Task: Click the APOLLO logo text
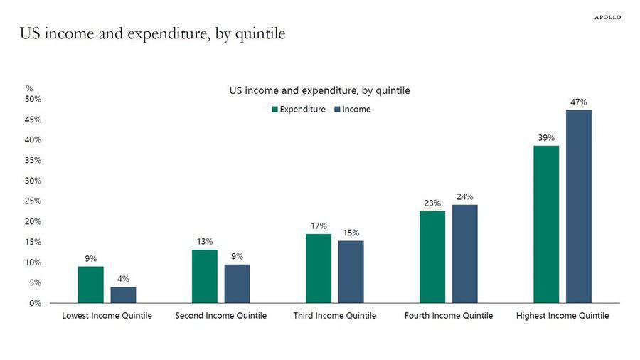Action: point(608,17)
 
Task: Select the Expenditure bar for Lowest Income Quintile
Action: point(90,285)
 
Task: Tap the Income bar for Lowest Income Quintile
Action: point(123,295)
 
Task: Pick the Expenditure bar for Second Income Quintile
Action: point(205,276)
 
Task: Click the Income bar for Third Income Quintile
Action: point(351,272)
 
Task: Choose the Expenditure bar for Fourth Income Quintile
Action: point(432,257)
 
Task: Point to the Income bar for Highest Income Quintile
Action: point(579,206)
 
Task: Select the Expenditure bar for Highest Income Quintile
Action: point(546,225)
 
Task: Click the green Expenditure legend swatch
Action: point(275,110)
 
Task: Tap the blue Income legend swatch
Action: point(337,110)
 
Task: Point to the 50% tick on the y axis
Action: point(33,99)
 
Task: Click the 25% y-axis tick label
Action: point(33,201)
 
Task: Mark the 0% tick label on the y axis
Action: point(35,303)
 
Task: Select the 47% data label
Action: point(579,102)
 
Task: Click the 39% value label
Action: point(546,138)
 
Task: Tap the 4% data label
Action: point(123,279)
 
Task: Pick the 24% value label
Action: point(465,197)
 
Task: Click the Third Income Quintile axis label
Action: point(335,315)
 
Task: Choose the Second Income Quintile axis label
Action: point(221,315)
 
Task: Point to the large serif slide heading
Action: point(153,33)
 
